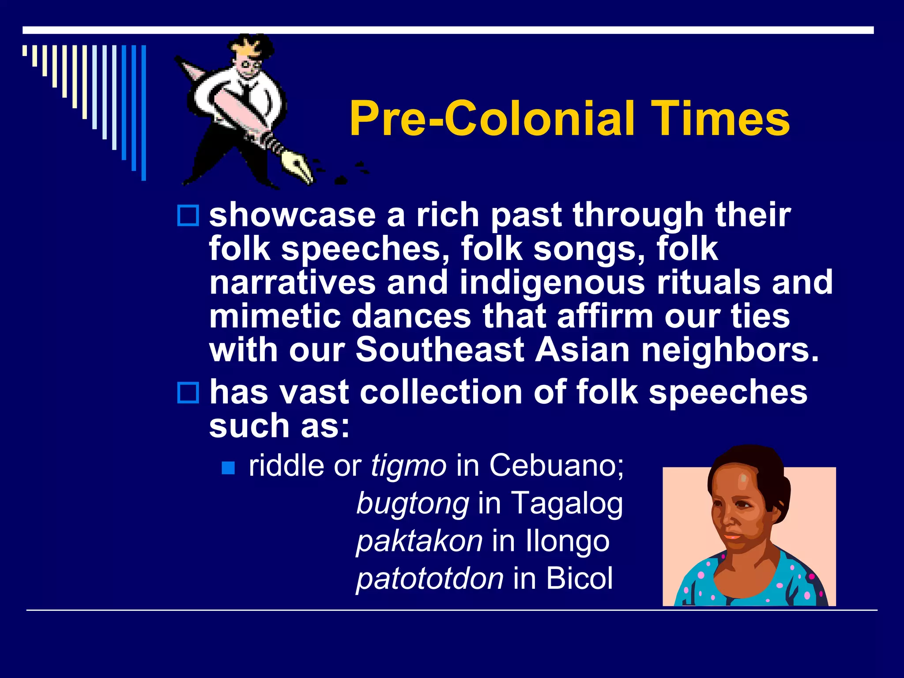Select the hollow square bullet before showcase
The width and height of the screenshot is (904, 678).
pyautogui.click(x=188, y=216)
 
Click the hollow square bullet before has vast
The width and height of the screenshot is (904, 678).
pyautogui.click(x=188, y=392)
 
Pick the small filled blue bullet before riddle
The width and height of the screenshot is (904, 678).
pyautogui.click(x=228, y=467)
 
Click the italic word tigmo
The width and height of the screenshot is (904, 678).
pyautogui.click(x=408, y=466)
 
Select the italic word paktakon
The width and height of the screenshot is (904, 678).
pyautogui.click(x=419, y=541)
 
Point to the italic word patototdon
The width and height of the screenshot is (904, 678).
pyautogui.click(x=429, y=579)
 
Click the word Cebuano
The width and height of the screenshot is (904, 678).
pyautogui.click(x=556, y=465)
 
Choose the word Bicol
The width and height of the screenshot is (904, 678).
pyautogui.click(x=580, y=578)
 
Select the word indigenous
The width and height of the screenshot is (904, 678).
pyautogui.click(x=552, y=283)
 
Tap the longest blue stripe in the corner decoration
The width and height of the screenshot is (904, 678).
pyautogui.click(x=143, y=113)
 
